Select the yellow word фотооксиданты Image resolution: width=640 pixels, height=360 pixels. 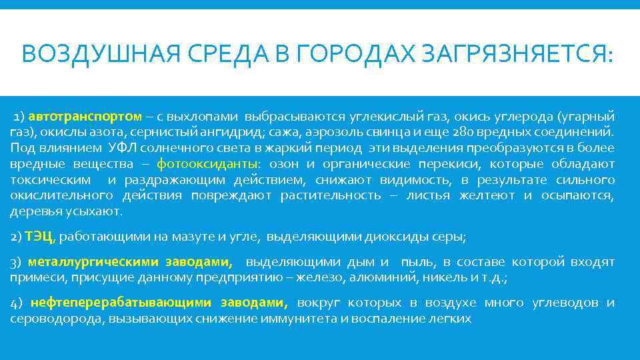(209, 164)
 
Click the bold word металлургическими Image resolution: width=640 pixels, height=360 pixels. (90, 263)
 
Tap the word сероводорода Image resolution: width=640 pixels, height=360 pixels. (49, 319)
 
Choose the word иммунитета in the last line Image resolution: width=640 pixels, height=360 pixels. (288, 319)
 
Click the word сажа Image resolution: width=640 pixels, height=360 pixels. (274, 132)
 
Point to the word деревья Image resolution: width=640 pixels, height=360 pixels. (32, 212)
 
